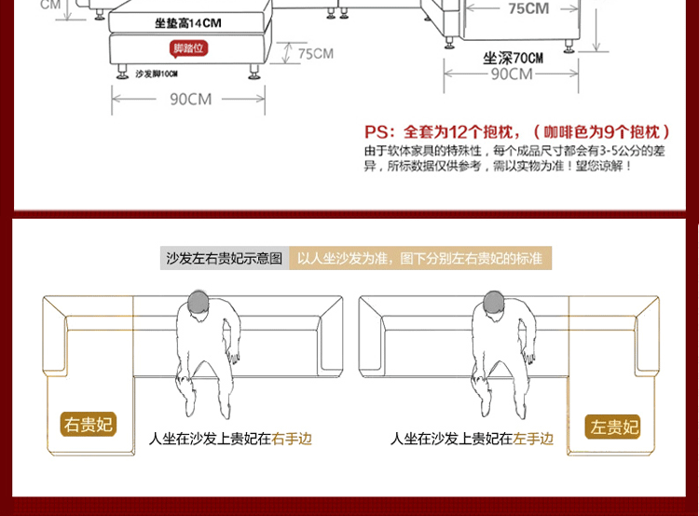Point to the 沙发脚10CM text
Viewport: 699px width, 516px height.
click(x=157, y=74)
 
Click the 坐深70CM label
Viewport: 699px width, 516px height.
click(x=513, y=57)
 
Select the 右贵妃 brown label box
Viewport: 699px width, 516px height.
click(x=89, y=426)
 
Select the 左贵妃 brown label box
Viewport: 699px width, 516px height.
click(x=614, y=428)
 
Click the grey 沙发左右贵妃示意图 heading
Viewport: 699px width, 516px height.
click(x=224, y=258)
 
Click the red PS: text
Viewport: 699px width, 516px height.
click(x=377, y=131)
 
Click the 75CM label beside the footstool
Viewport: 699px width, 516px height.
click(x=315, y=54)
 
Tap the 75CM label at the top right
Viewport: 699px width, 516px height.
click(x=528, y=9)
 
